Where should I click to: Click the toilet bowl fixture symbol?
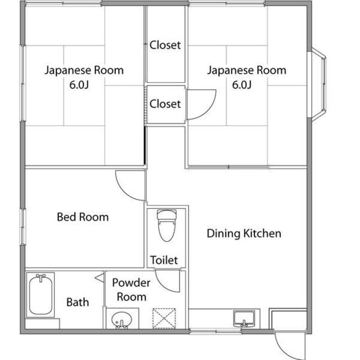[166, 224]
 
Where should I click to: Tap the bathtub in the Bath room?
[41, 294]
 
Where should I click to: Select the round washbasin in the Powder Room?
[120, 320]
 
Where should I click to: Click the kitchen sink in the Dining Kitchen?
[245, 318]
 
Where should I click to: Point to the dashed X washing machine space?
[165, 318]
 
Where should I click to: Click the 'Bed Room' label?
[83, 217]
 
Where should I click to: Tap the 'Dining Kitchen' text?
[244, 233]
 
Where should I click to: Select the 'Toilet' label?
[164, 260]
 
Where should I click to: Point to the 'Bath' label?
[78, 302]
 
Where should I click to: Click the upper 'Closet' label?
[165, 45]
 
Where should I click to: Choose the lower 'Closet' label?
[165, 104]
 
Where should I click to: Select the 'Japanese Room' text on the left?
[84, 71]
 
